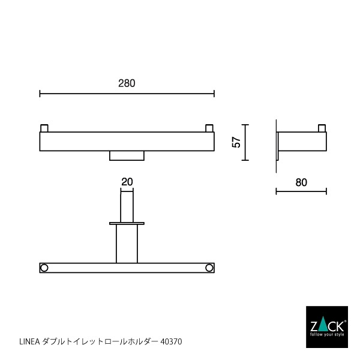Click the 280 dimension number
click(x=127, y=83)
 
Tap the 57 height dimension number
click(x=236, y=143)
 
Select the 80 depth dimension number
click(x=301, y=182)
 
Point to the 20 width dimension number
click(x=127, y=181)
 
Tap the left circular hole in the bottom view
click(x=44, y=268)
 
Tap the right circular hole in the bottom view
click(x=209, y=268)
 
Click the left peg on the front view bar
click(x=44, y=128)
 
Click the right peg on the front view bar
click(x=209, y=128)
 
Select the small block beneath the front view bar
click(x=127, y=156)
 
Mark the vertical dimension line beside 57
click(x=246, y=143)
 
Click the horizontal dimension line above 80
click(x=301, y=191)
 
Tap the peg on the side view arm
click(x=322, y=128)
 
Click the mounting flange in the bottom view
click(x=127, y=223)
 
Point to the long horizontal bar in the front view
click(x=127, y=141)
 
